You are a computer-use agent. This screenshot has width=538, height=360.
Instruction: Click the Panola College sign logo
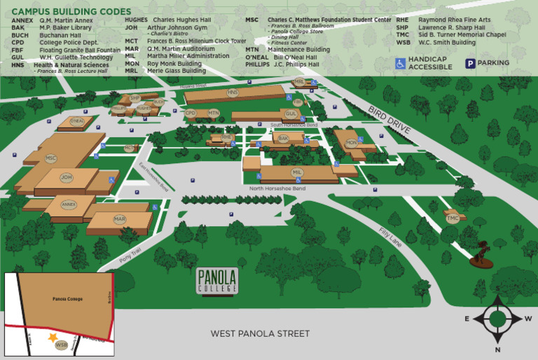217,281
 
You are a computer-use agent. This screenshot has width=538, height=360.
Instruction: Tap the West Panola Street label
260,333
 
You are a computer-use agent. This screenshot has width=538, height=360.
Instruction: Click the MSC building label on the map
50,158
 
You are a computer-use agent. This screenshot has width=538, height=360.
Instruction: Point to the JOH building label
67,177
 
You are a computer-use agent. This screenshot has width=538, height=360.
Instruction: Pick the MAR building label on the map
120,219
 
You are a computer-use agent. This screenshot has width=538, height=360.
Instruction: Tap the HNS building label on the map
233,92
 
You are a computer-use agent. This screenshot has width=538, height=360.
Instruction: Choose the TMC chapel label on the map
453,219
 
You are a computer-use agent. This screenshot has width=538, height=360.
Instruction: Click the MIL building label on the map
297,172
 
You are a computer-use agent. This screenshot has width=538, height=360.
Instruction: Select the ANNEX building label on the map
69,205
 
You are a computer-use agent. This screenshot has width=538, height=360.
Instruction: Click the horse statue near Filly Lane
481,254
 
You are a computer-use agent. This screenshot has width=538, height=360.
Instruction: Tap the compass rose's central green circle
497,319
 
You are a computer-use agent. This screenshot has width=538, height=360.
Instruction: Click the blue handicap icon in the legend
400,63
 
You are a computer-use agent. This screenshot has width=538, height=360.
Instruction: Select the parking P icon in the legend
470,63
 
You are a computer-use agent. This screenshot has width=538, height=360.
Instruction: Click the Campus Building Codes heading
71,12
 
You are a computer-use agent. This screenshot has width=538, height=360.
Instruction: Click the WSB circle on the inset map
62,345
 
